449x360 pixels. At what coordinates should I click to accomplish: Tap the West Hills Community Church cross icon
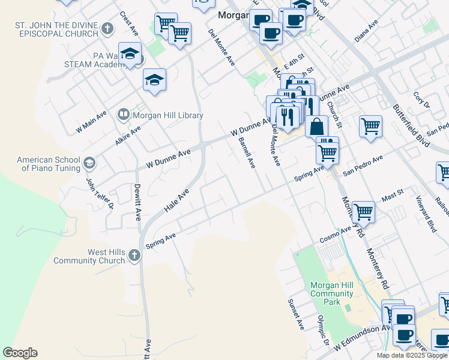[x=134, y=256]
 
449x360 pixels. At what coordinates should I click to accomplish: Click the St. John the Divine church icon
[x=107, y=28]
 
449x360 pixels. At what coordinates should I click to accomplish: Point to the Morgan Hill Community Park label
[x=331, y=293]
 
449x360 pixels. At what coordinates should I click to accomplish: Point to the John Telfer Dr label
[x=92, y=193]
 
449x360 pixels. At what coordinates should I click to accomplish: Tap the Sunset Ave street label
[x=296, y=314]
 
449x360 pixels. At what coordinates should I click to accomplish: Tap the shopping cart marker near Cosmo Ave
[x=363, y=211]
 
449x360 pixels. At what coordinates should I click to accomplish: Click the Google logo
[x=20, y=353]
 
